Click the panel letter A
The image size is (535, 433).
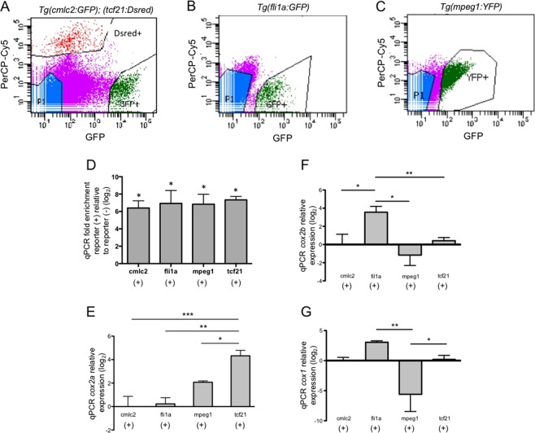7,7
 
